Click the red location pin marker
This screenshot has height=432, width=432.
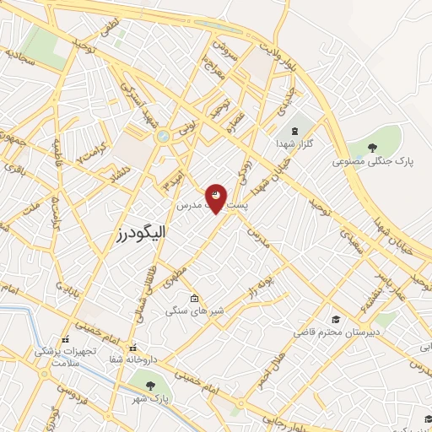pos(216,197)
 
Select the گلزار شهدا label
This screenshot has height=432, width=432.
pos(295,144)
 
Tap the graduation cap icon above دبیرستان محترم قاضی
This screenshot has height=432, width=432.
pos(336,319)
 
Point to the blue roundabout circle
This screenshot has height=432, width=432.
pos(162,135)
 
